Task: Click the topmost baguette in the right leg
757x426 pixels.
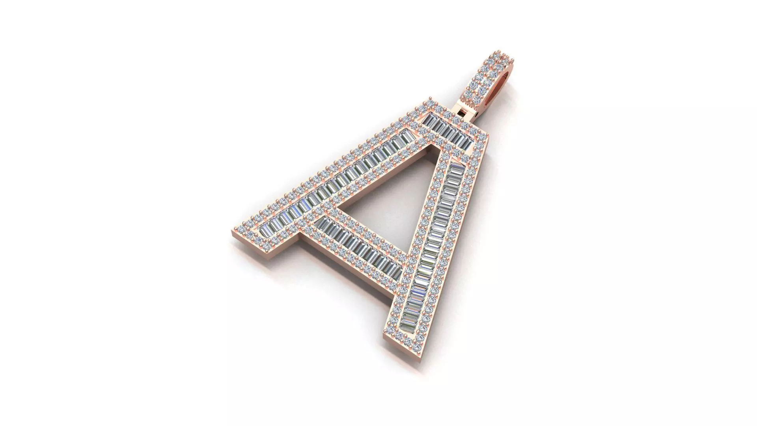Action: point(457,168)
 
